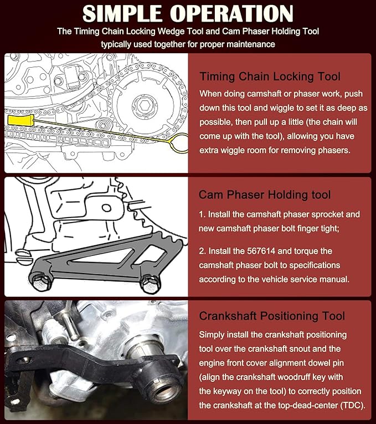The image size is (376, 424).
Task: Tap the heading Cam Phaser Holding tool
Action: click(x=265, y=194)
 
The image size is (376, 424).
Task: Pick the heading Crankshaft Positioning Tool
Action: click(x=271, y=316)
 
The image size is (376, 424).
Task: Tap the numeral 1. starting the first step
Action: click(x=202, y=214)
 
